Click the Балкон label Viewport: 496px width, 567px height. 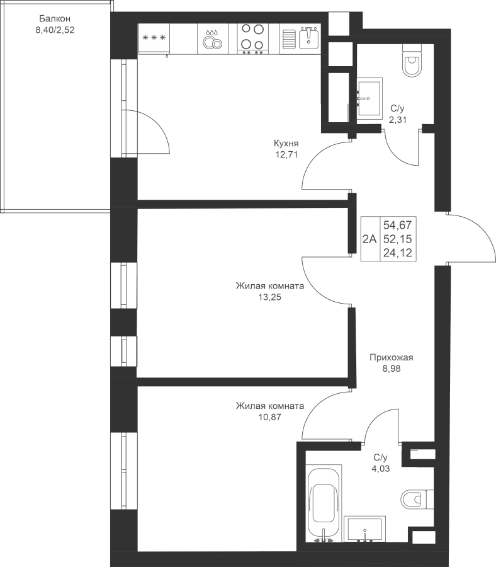tap(55, 18)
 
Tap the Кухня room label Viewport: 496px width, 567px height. tap(286, 144)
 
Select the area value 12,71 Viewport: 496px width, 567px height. tap(286, 155)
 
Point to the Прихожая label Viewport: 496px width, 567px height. tap(392, 358)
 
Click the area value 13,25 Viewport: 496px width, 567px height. tap(269, 297)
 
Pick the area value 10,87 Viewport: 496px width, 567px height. tap(269, 417)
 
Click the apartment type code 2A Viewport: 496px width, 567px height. tap(369, 239)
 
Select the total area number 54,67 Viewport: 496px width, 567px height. tap(397, 226)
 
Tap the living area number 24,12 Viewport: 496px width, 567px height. tap(397, 253)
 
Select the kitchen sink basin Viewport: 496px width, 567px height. tap(308, 38)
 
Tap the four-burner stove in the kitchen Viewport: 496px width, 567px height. tap(253, 39)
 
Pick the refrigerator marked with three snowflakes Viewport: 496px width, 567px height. tap(154, 39)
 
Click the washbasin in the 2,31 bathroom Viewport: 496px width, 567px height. tap(369, 98)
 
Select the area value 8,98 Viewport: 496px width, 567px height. tap(392, 369)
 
